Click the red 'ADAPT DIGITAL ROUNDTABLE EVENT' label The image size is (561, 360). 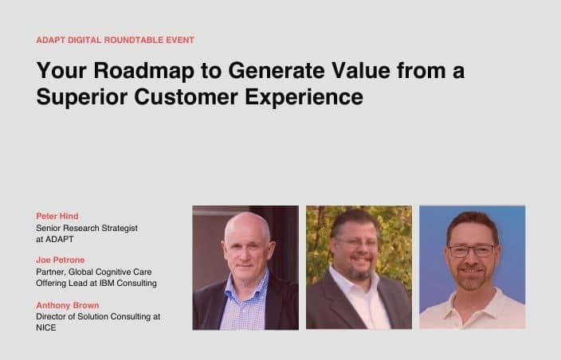[x=116, y=40]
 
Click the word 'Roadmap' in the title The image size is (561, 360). [x=143, y=70]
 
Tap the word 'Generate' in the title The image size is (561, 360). [x=277, y=70]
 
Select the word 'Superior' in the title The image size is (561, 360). [x=82, y=97]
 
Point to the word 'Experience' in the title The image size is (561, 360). [x=304, y=97]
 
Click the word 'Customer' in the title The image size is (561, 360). [x=186, y=97]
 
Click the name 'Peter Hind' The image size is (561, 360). [x=57, y=216]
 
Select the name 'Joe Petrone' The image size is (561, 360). [x=61, y=260]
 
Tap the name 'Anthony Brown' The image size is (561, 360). [x=68, y=305]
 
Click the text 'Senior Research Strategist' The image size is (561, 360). [x=87, y=228]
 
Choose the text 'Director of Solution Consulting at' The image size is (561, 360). [x=98, y=317]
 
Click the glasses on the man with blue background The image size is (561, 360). [x=472, y=250]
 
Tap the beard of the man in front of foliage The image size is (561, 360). [x=359, y=272]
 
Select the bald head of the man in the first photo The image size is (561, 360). [x=247, y=225]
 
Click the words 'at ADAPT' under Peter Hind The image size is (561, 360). [x=55, y=239]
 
